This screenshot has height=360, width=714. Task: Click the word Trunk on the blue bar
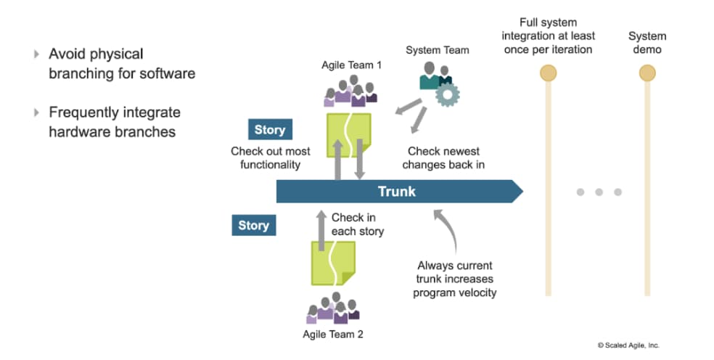pyautogui.click(x=397, y=192)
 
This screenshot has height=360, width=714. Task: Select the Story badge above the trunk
pyautogui.click(x=269, y=131)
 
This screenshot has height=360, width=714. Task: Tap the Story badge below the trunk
pyautogui.click(x=253, y=226)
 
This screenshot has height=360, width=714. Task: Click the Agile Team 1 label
pyautogui.click(x=351, y=65)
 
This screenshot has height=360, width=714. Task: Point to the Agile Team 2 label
pyautogui.click(x=332, y=335)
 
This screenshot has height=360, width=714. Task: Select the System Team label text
pyautogui.click(x=437, y=50)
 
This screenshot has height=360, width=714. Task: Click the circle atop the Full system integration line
pyautogui.click(x=549, y=73)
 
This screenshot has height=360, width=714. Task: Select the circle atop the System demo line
pyautogui.click(x=647, y=73)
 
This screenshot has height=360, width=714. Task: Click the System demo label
pyautogui.click(x=647, y=43)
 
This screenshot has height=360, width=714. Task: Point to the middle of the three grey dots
pyautogui.click(x=599, y=192)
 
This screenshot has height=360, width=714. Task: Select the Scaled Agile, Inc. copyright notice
pyautogui.click(x=628, y=345)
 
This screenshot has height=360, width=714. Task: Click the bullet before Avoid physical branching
pyautogui.click(x=37, y=54)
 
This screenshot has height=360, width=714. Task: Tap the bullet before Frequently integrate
pyautogui.click(x=37, y=112)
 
